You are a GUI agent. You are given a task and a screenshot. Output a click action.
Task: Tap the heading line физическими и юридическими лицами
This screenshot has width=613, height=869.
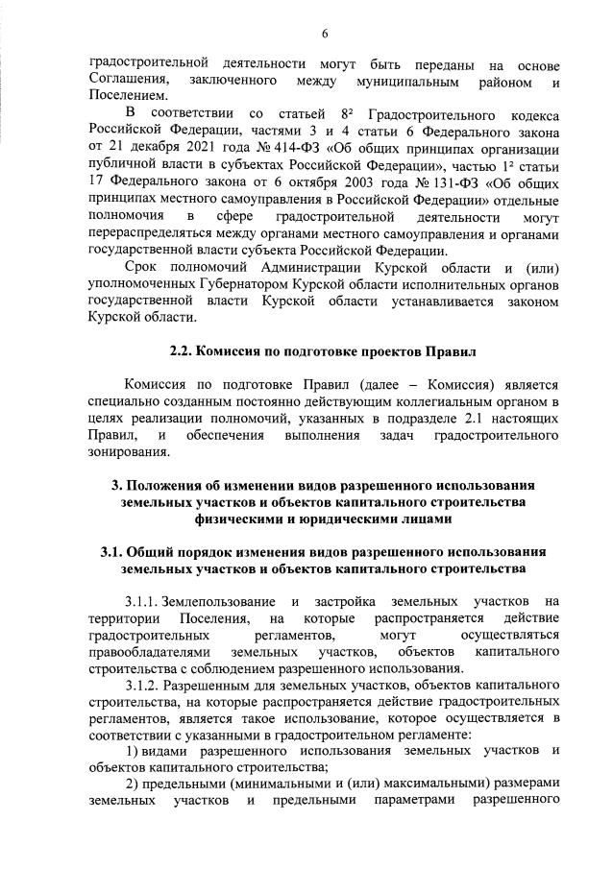(x=325, y=519)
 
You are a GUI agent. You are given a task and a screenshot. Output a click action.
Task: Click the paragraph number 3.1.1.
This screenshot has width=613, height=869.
(x=142, y=601)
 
